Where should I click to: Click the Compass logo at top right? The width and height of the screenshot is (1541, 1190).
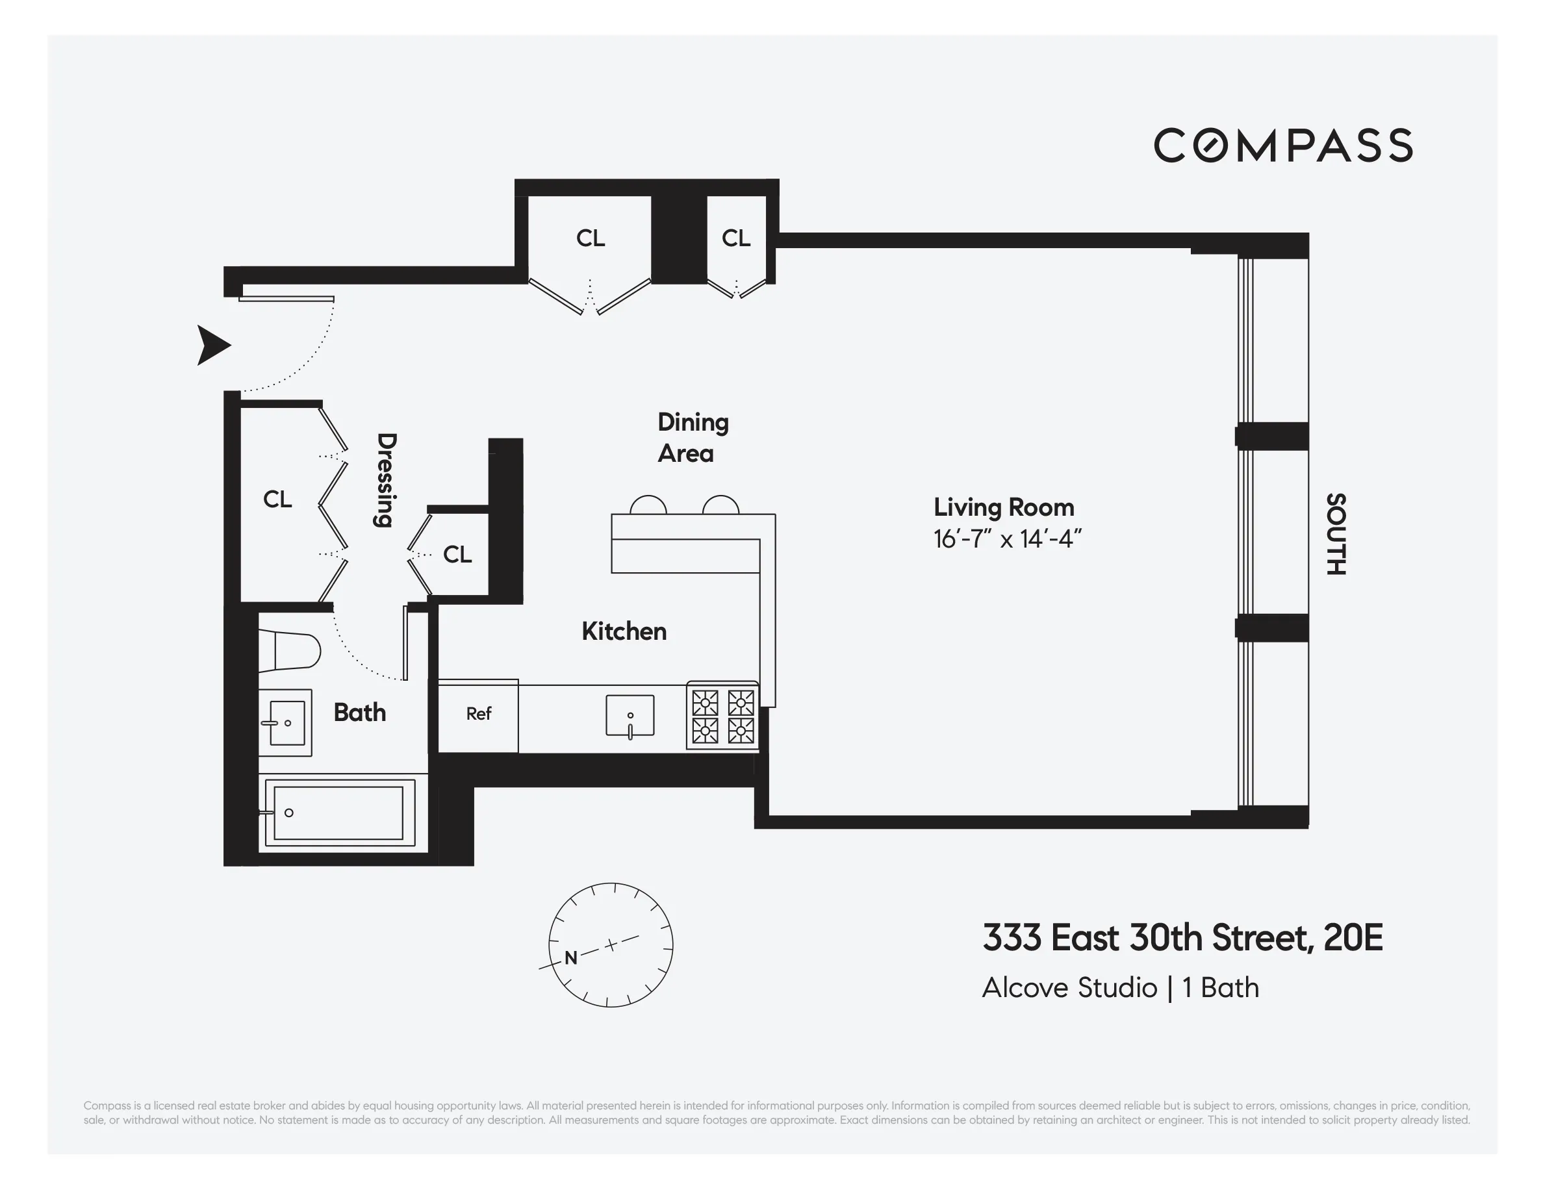tap(1282, 146)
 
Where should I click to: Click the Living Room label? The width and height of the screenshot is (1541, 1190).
tap(1003, 507)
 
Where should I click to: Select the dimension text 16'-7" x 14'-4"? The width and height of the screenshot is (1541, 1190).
tap(1007, 539)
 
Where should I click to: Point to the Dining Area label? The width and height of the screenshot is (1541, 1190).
tap(692, 437)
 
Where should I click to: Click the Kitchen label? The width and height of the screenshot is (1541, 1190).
tap(624, 631)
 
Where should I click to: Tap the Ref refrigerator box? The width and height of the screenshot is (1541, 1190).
tap(478, 714)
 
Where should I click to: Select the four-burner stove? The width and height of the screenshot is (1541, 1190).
tap(722, 716)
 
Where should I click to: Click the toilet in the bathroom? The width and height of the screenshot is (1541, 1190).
tap(289, 650)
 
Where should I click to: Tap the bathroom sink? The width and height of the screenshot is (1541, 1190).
tap(286, 722)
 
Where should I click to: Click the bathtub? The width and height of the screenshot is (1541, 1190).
tap(338, 813)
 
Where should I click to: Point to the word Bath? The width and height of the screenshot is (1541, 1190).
tap(360, 713)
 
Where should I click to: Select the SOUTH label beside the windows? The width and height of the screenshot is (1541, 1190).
tap(1336, 534)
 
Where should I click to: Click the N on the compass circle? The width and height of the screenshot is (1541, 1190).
tap(571, 957)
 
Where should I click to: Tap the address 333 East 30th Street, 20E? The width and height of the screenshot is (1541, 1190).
tap(1182, 937)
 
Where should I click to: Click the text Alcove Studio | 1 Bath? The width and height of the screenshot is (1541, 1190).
tap(1121, 987)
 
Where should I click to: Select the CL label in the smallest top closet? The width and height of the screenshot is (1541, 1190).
tap(736, 238)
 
